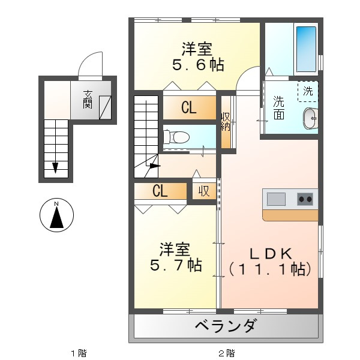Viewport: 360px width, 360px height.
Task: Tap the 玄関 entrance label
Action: tap(88, 100)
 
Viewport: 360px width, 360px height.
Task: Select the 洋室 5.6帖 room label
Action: tap(197, 56)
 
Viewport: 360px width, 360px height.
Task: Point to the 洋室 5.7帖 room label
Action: tap(175, 257)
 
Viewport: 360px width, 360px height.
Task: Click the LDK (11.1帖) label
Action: tap(271, 261)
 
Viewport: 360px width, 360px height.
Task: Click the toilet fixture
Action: tap(173, 136)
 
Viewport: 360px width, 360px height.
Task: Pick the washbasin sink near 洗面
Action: tap(310, 118)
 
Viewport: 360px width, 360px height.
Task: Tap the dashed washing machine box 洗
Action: tap(308, 92)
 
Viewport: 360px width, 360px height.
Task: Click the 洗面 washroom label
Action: tap(279, 108)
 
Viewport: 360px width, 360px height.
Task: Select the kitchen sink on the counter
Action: tap(277, 199)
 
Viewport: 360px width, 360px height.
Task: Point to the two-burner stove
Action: tap(305, 199)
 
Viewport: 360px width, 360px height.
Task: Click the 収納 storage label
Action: tap(226, 121)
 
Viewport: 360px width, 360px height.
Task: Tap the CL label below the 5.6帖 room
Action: tap(188, 109)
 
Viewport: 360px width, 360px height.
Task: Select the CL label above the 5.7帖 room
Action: tap(159, 191)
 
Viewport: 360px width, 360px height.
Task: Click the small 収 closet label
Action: tap(204, 191)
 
